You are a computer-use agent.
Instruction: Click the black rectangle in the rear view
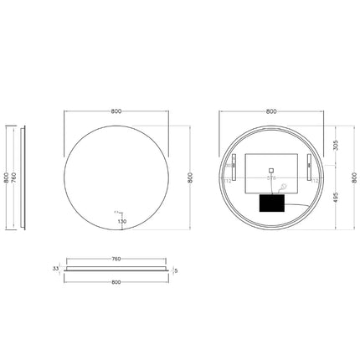[273, 203]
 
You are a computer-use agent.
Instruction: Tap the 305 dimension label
[336, 143]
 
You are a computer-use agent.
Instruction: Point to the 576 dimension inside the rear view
[270, 178]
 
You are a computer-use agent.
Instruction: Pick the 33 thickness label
[56, 269]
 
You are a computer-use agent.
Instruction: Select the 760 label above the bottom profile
[116, 259]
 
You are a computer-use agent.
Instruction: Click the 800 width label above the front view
[116, 111]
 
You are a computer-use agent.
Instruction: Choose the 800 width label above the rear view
[270, 111]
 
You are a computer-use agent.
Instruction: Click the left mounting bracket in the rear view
[234, 165]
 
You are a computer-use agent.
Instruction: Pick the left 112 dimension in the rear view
[228, 179]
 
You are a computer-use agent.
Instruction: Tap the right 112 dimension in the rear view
[313, 179]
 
